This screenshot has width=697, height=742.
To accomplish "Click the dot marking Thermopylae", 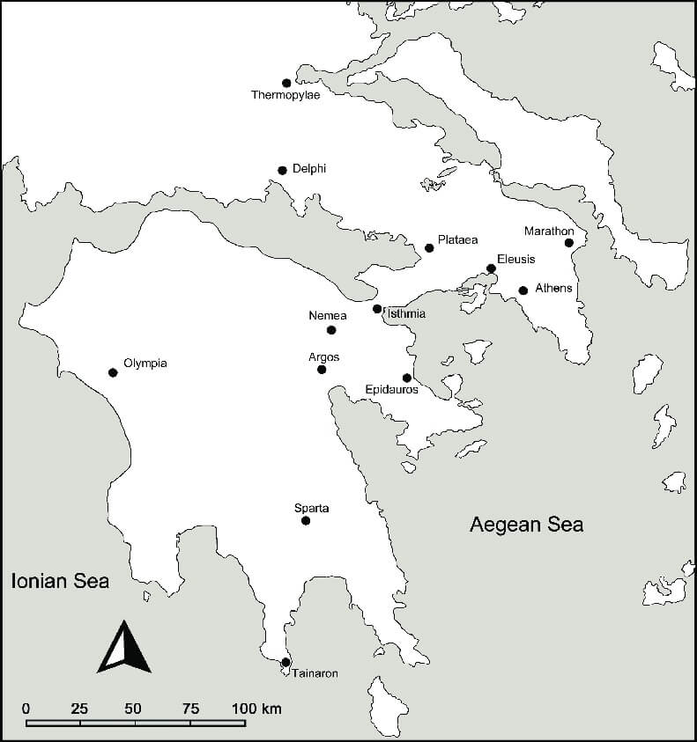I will point(286,83).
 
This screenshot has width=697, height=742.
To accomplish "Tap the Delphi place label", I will point(308,169).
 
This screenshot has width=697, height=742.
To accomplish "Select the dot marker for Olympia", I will point(113,372).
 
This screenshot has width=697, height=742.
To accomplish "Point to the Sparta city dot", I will point(306,521).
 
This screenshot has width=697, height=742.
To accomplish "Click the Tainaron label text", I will point(314,673).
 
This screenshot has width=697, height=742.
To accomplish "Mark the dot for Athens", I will point(523,290).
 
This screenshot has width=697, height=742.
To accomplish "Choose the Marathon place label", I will point(549,231).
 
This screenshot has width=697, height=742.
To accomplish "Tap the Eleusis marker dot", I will point(491,268).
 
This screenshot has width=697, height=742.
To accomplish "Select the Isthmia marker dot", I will point(377,309).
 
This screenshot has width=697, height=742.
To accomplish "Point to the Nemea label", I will point(327,315).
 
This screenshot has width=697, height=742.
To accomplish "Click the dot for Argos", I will point(322,370).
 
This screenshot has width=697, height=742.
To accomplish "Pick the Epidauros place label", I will point(391,390).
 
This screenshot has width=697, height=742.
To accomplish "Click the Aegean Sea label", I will point(526,525).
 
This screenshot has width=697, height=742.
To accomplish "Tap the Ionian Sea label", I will point(59,581).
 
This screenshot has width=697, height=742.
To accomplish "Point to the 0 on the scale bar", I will point(26,709).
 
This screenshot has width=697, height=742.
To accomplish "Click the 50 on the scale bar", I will point(133,709).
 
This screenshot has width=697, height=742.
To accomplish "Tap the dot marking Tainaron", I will point(285,663).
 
